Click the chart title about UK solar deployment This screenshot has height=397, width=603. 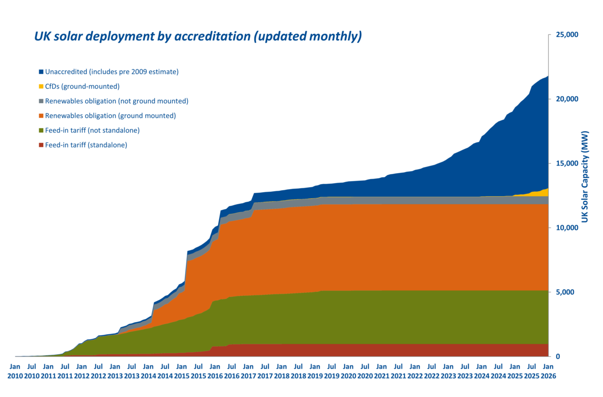pos(197,37)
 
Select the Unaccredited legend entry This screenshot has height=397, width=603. pos(112,71)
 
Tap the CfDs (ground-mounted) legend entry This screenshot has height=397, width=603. pos(82,86)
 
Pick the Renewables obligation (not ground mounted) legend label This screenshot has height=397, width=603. pos(117,101)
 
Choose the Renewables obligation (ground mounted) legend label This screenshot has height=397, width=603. pos(111,115)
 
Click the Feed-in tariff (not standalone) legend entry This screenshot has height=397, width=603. pos(92,130)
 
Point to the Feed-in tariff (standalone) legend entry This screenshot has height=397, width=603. pos(86,144)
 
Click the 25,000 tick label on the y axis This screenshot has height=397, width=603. pos(568,35)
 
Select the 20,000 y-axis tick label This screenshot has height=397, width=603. pos(568,99)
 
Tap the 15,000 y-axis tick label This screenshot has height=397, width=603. pos(568,164)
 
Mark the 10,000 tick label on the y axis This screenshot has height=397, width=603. pos(568,228)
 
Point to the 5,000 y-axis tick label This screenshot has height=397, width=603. pos(566,292)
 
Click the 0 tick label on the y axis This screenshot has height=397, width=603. pos(558,357)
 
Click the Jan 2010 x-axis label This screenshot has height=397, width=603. pos(15,371)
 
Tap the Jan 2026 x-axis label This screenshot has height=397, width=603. pos(548,371)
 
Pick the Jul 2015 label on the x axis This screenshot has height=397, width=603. pos(198,371)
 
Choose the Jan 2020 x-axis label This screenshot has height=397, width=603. pos(348,371)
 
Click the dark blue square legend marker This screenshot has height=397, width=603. pos(41,71)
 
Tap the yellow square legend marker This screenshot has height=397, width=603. pos(41,86)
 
